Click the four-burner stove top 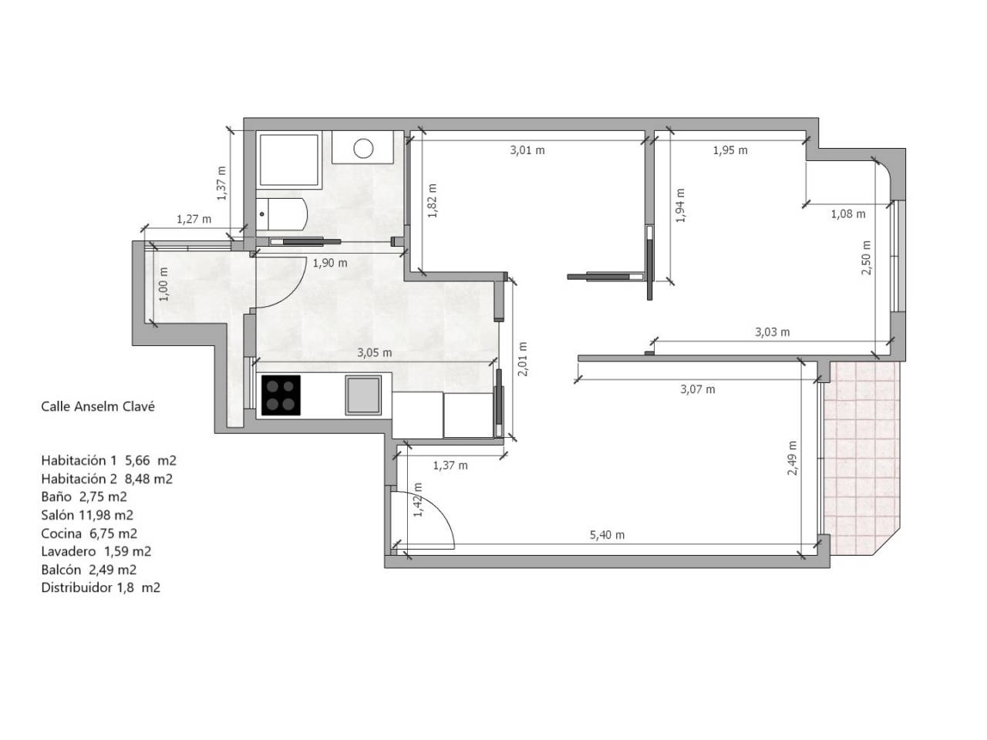point(281,395)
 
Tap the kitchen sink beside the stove point(363,395)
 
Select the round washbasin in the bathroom point(363,148)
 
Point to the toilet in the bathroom point(281,214)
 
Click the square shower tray point(288,160)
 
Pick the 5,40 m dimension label point(607,535)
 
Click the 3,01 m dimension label point(527,150)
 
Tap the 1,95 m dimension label point(729,150)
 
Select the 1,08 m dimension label point(847,214)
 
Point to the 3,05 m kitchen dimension point(374,353)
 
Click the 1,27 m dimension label point(194,219)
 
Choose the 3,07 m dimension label point(697,389)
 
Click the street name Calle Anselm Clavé point(98,407)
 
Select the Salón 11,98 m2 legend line point(87,515)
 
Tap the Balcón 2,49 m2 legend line point(89,570)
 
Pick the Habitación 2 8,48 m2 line point(106,479)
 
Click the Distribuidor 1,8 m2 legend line point(100,587)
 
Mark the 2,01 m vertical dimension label point(523,359)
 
